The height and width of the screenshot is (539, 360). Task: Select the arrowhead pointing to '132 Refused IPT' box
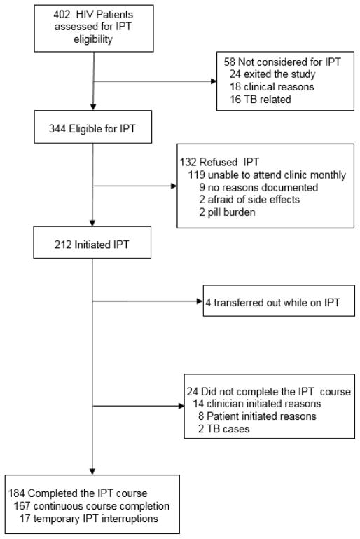(172, 187)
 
